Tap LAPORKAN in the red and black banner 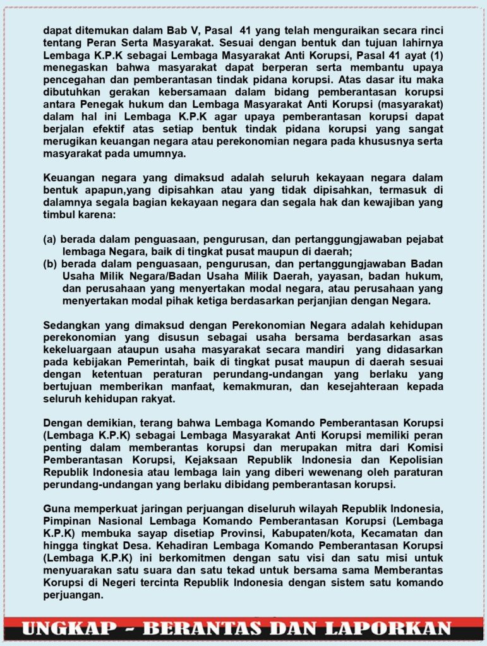point(392,628)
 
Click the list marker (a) point(50,239)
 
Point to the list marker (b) point(50,263)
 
